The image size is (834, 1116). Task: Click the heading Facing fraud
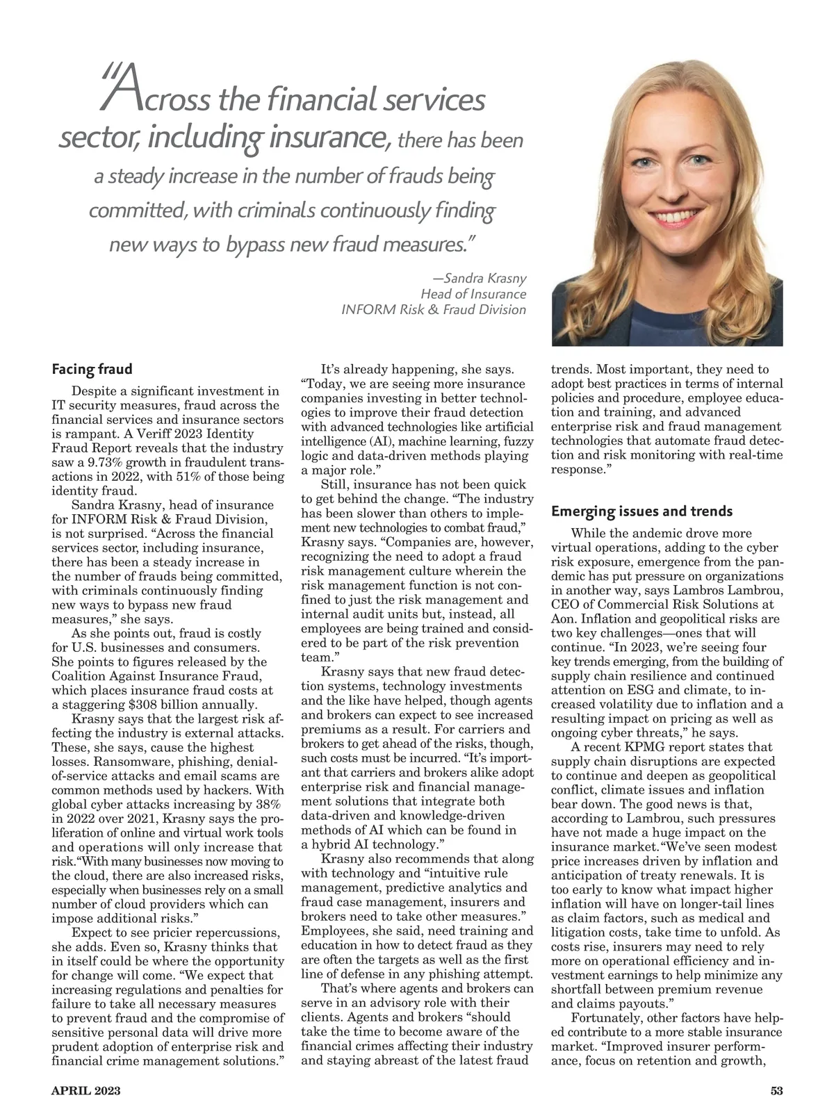tap(92, 368)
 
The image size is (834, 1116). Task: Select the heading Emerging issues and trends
tap(641, 511)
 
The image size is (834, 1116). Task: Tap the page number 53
tap(777, 1091)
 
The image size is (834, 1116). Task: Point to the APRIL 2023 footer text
tap(86, 1091)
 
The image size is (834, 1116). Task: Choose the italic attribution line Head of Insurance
tap(473, 294)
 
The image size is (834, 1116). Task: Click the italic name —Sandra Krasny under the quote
tap(480, 279)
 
